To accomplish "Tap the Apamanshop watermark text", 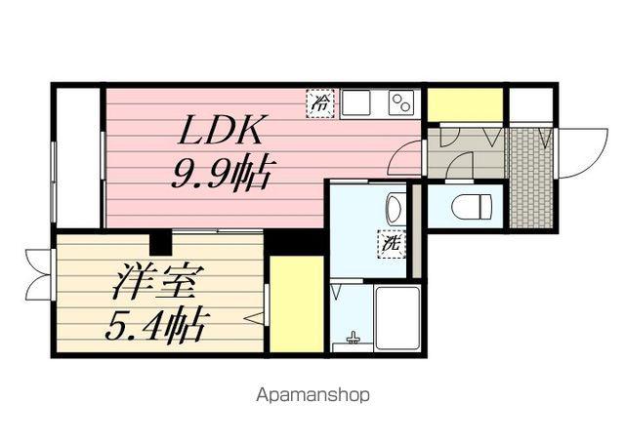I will [312, 395].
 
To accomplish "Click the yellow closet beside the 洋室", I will [296, 303].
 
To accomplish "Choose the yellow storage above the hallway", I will [465, 104].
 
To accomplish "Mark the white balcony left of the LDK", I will [76, 156].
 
